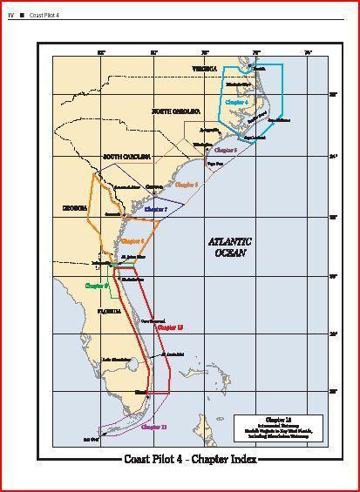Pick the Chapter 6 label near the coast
(x=187, y=185)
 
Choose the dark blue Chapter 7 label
(x=155, y=210)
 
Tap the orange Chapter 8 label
(x=132, y=240)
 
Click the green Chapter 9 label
(x=96, y=285)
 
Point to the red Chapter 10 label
(x=170, y=327)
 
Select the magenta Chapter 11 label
(x=153, y=427)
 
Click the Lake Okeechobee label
(x=116, y=359)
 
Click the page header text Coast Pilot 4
(x=42, y=15)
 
